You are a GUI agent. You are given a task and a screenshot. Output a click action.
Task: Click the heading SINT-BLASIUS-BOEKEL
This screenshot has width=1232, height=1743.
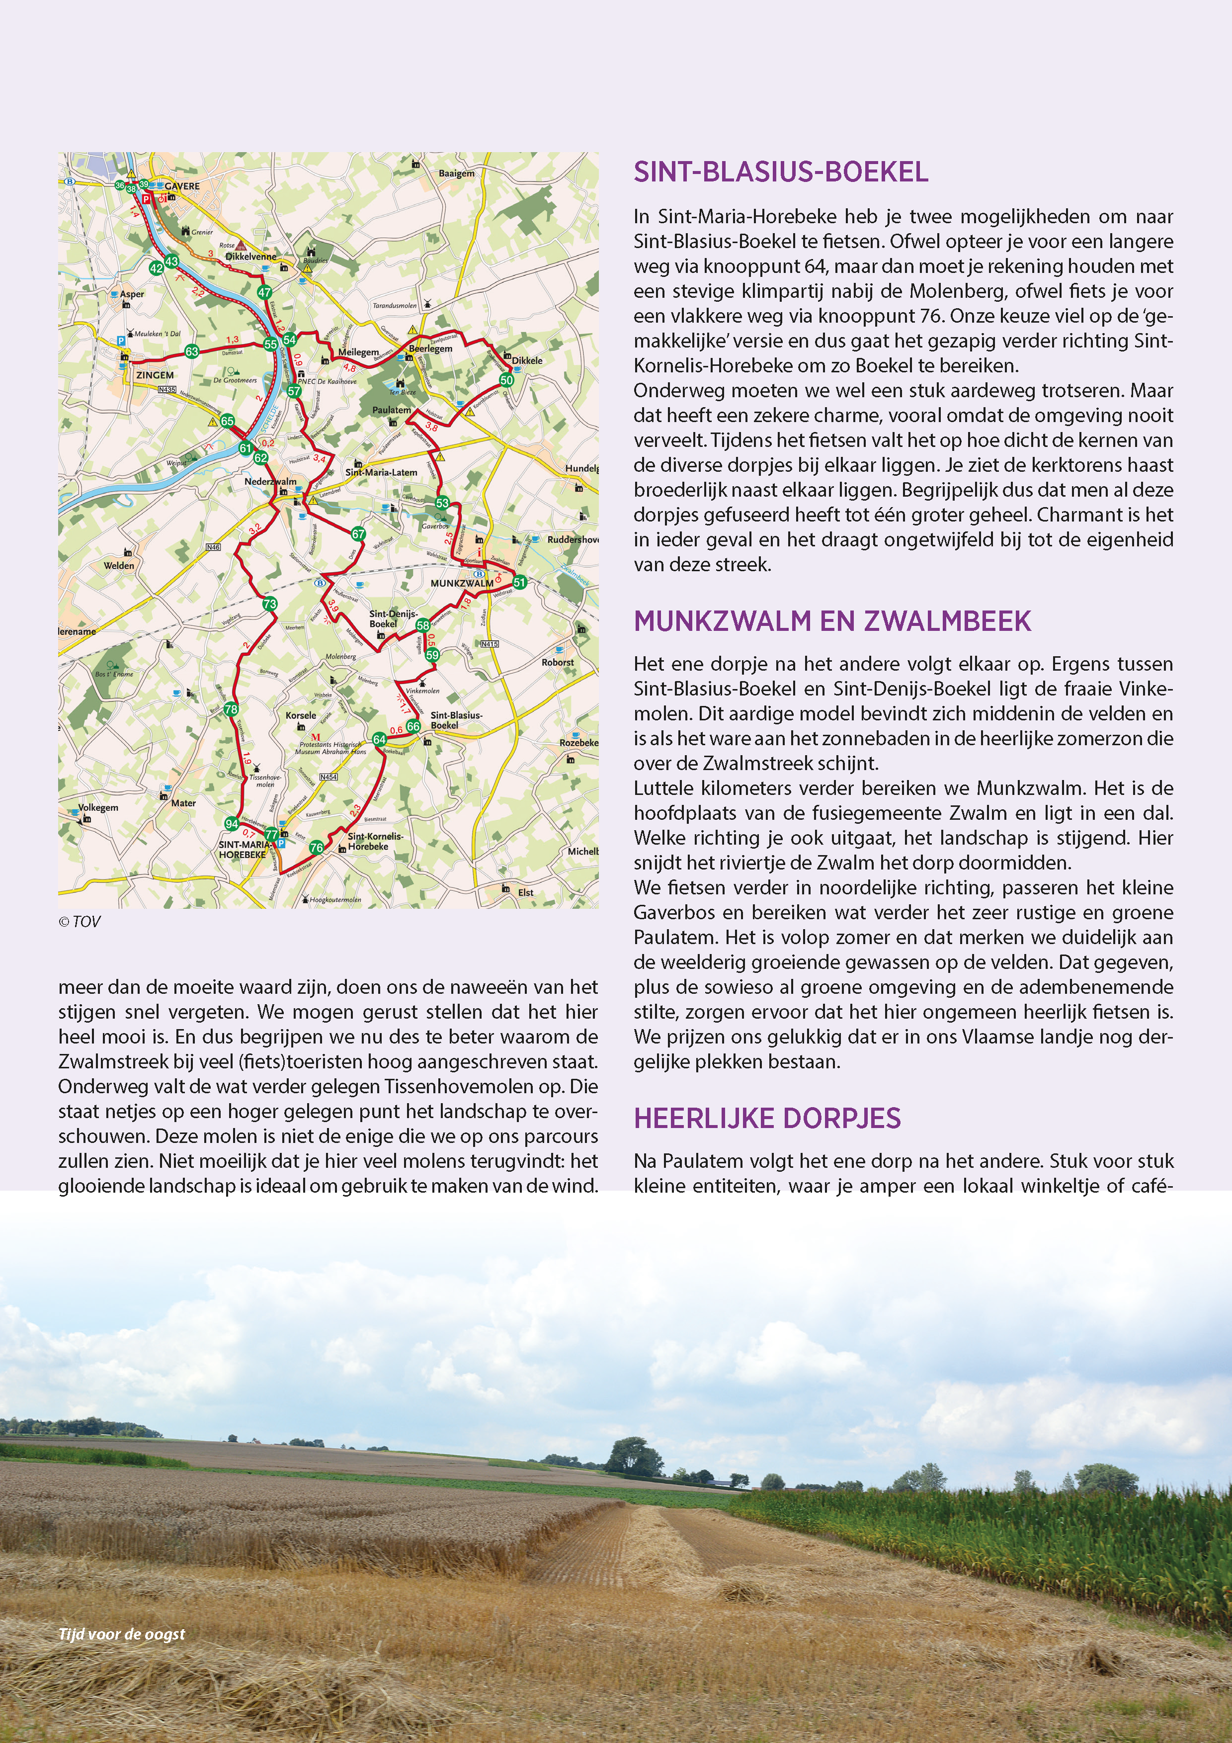pos(780,173)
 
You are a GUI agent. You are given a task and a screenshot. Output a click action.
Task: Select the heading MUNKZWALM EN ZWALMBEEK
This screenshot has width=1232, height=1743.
pos(832,621)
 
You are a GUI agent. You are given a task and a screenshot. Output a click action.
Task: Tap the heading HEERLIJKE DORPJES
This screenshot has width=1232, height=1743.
pos(767,1118)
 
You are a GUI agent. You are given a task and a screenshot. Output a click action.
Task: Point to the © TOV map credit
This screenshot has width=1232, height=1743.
pos(79,922)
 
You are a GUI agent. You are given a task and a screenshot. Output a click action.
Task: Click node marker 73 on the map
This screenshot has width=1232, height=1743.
pos(269,604)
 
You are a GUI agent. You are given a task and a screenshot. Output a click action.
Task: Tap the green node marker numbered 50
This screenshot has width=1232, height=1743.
pos(506,380)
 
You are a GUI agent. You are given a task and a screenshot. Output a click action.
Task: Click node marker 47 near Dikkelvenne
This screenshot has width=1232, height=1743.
pos(264,292)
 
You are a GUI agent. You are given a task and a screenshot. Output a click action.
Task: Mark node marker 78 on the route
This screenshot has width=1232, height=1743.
pos(231,709)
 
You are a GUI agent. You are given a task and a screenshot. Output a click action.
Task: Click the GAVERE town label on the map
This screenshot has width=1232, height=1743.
pos(182,186)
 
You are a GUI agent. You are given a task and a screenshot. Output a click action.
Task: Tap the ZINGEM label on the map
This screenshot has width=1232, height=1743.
pos(155,375)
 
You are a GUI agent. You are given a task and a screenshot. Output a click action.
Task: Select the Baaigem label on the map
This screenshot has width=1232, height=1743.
pos(456,174)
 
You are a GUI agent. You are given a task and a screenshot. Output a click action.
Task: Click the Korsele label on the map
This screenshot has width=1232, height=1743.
pos(301,715)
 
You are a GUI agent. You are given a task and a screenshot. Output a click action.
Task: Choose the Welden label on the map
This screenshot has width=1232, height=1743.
pos(119,566)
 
